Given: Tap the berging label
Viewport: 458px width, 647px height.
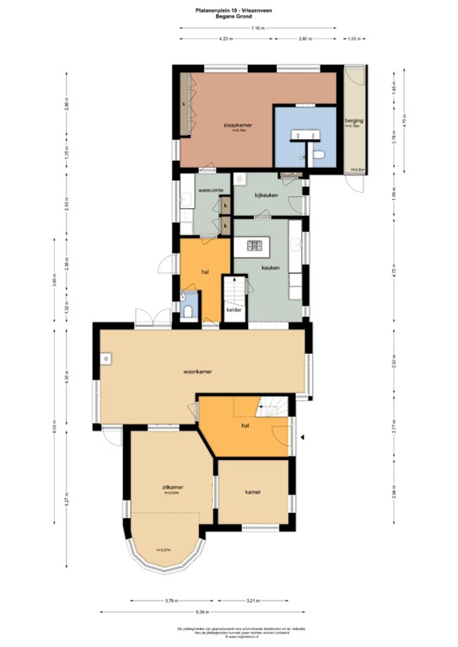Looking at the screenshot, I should [x=353, y=121].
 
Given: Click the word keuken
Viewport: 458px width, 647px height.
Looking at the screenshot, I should [x=270, y=267].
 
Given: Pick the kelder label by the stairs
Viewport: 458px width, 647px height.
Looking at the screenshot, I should [x=234, y=310].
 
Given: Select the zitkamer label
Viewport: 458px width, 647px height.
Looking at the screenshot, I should [x=173, y=487].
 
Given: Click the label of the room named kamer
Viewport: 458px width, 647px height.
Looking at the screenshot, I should [x=253, y=491].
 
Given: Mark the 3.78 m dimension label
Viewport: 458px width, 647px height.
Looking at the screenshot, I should [x=171, y=601].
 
